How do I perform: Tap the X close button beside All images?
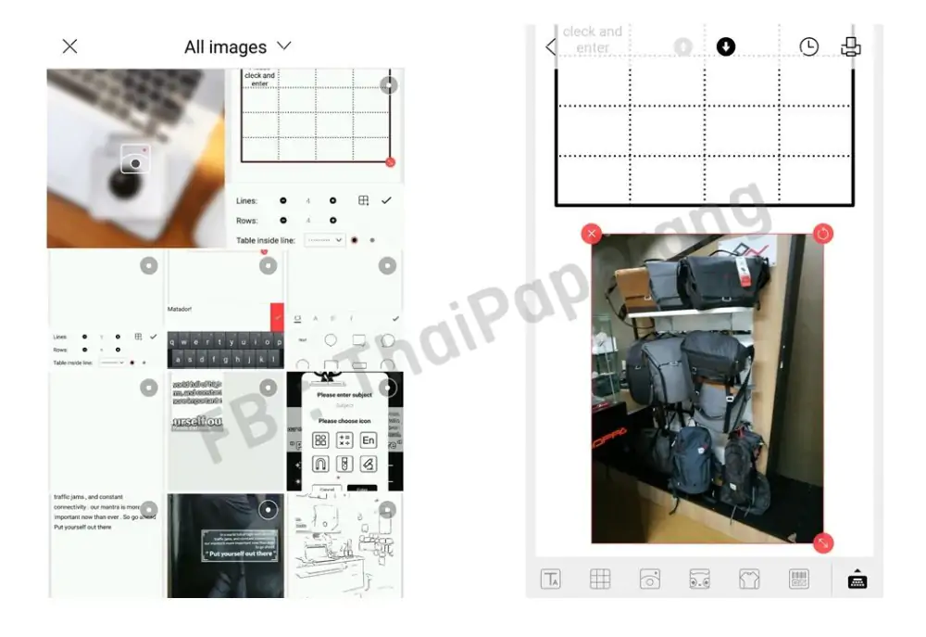(69, 46)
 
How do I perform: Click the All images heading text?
(225, 47)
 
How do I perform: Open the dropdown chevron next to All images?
(284, 45)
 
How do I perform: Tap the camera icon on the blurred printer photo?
(135, 163)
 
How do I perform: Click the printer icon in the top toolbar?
(850, 46)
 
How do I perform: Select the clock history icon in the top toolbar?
(808, 46)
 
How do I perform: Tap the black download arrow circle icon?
(726, 46)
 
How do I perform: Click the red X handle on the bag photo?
(592, 234)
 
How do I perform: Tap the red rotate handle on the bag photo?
(822, 234)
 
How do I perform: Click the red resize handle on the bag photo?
(822, 543)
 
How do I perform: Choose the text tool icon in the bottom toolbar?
(551, 580)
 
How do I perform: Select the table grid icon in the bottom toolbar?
(600, 580)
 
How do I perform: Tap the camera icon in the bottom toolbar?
(650, 580)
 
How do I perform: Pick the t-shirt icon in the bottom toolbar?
(749, 580)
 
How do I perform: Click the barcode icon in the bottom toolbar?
(798, 580)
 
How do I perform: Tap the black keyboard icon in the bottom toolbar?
(857, 580)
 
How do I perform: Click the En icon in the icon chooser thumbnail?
(368, 440)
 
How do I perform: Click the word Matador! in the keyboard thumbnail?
(181, 309)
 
